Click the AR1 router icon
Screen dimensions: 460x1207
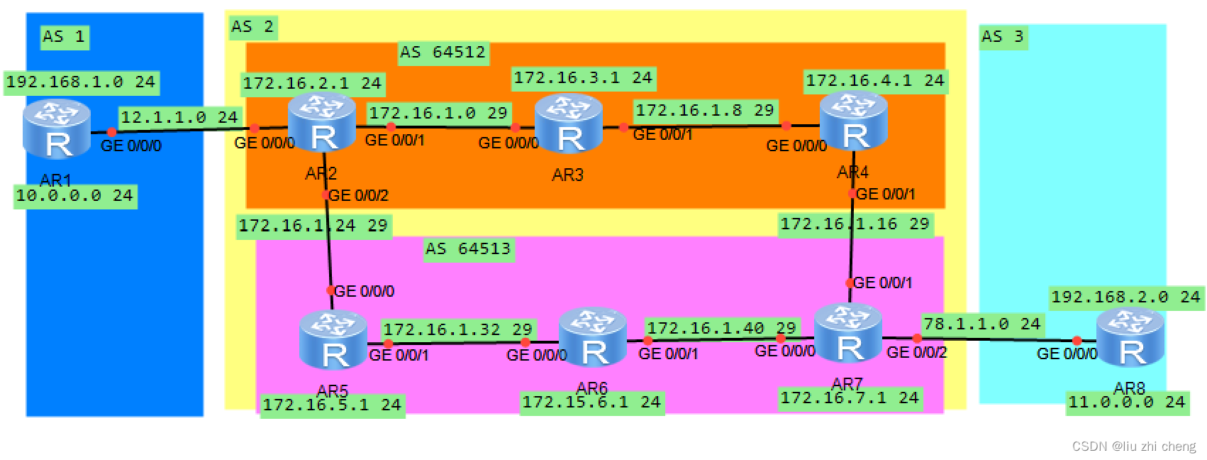tap(57, 128)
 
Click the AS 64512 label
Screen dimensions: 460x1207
tap(443, 53)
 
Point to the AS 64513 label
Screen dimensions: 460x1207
tap(468, 248)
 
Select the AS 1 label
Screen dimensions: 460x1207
tap(64, 37)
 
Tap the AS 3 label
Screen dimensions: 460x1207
tap(1002, 37)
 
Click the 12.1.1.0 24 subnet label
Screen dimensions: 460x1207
tap(179, 117)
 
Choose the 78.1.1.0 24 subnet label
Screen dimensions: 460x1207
tap(981, 324)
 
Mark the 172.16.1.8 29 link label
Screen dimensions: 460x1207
tap(704, 110)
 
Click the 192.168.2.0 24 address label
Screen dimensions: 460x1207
tap(1125, 297)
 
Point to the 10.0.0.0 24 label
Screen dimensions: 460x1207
tap(74, 195)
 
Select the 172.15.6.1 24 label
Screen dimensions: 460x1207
tap(591, 402)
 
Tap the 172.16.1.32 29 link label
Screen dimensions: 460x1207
tap(457, 329)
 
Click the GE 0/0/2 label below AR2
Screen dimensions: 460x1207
tap(359, 195)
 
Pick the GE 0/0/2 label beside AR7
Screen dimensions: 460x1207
tap(916, 352)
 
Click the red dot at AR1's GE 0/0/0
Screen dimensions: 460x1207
tap(111, 132)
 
